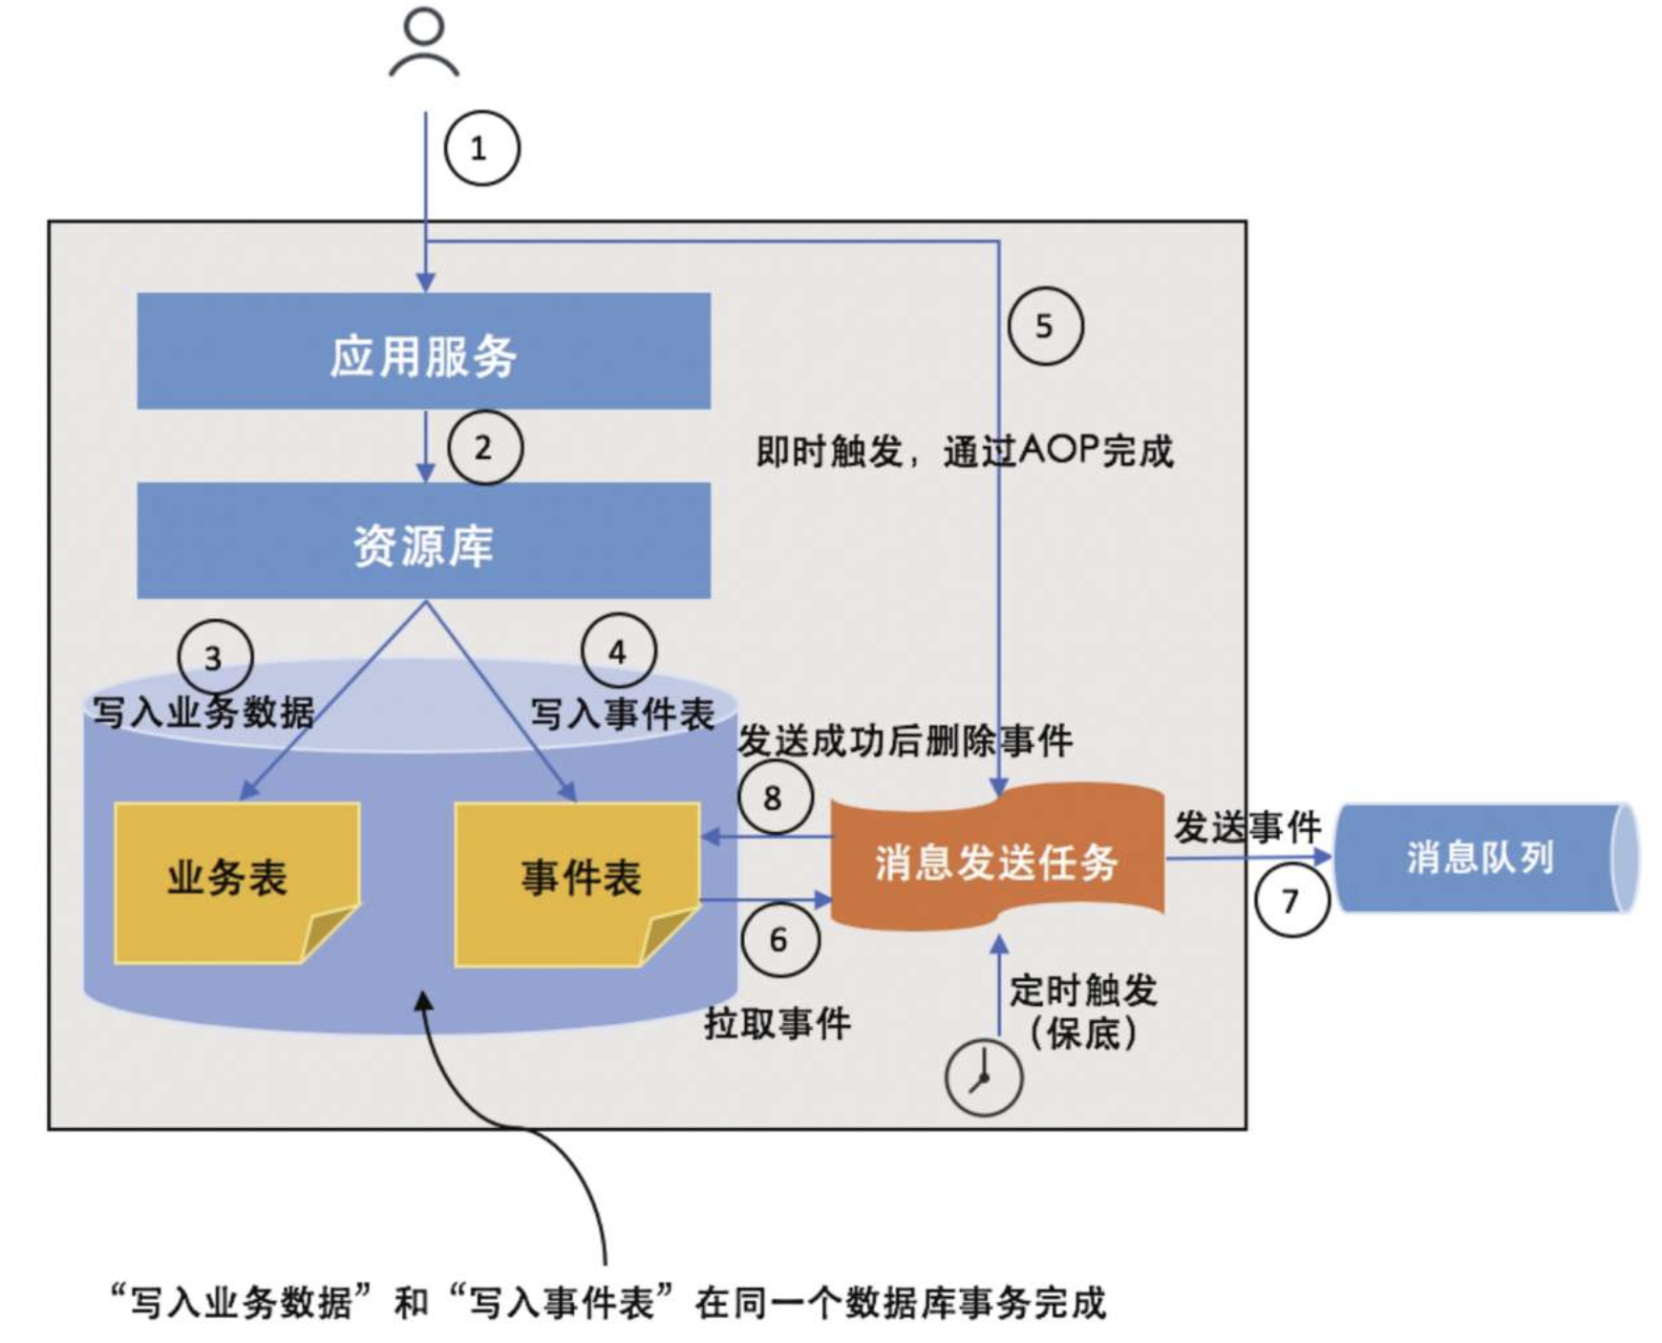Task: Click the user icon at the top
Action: coord(424,42)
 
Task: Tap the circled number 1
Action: coord(481,149)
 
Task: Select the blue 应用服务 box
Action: coord(423,352)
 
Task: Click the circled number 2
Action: coord(485,448)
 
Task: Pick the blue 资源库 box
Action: coord(423,542)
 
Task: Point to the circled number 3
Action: coord(215,657)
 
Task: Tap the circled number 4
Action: coord(619,651)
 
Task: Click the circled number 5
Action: coord(1046,327)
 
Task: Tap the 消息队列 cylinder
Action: coord(1482,858)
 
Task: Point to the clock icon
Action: coord(983,1077)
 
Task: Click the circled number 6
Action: coord(779,940)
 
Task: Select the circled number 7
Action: coord(1291,900)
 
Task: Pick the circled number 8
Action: coord(775,798)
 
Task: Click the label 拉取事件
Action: coord(778,1024)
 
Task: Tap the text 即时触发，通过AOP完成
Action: coord(965,451)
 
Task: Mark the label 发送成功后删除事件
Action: coord(906,741)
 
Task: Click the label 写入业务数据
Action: coord(203,713)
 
